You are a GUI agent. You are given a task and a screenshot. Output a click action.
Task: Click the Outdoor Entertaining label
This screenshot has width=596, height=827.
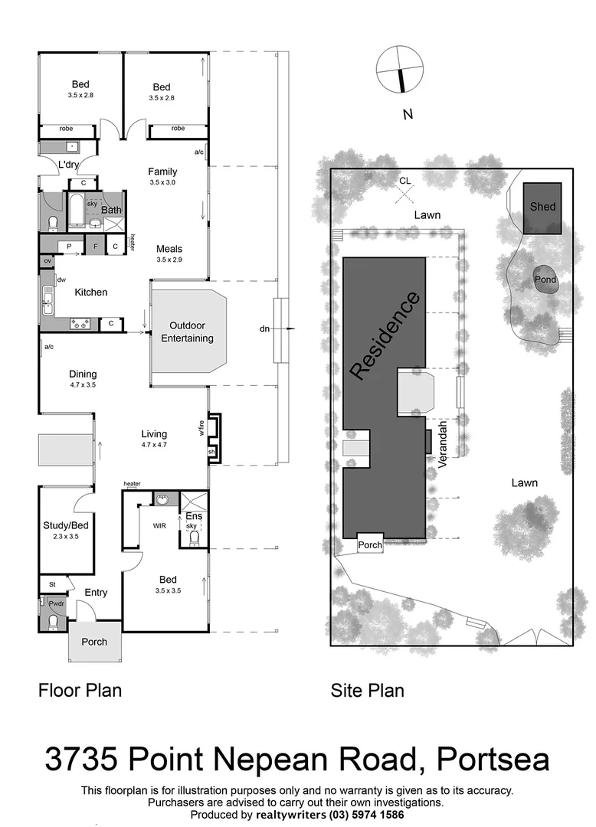coord(187,332)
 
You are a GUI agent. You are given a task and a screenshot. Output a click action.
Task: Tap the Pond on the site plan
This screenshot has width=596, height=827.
coord(545,280)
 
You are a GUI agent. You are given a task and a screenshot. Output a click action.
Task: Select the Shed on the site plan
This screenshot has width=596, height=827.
coord(542,208)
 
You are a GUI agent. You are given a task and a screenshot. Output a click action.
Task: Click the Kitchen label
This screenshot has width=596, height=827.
coord(90,292)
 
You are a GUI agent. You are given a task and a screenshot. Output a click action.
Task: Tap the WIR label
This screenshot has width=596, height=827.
coord(159,526)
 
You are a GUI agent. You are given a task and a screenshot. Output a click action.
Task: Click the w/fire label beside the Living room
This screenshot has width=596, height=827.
coord(202,427)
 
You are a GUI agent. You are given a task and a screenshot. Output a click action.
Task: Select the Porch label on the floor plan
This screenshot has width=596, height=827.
coord(94,642)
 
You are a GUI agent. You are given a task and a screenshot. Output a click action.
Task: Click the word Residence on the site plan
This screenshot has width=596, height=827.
coord(385,335)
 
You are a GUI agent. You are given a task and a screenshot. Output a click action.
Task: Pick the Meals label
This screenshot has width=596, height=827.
coord(169,249)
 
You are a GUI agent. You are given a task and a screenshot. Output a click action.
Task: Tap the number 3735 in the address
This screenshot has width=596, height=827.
coord(81,760)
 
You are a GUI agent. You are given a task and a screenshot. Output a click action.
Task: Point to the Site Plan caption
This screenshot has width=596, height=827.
coord(367,691)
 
